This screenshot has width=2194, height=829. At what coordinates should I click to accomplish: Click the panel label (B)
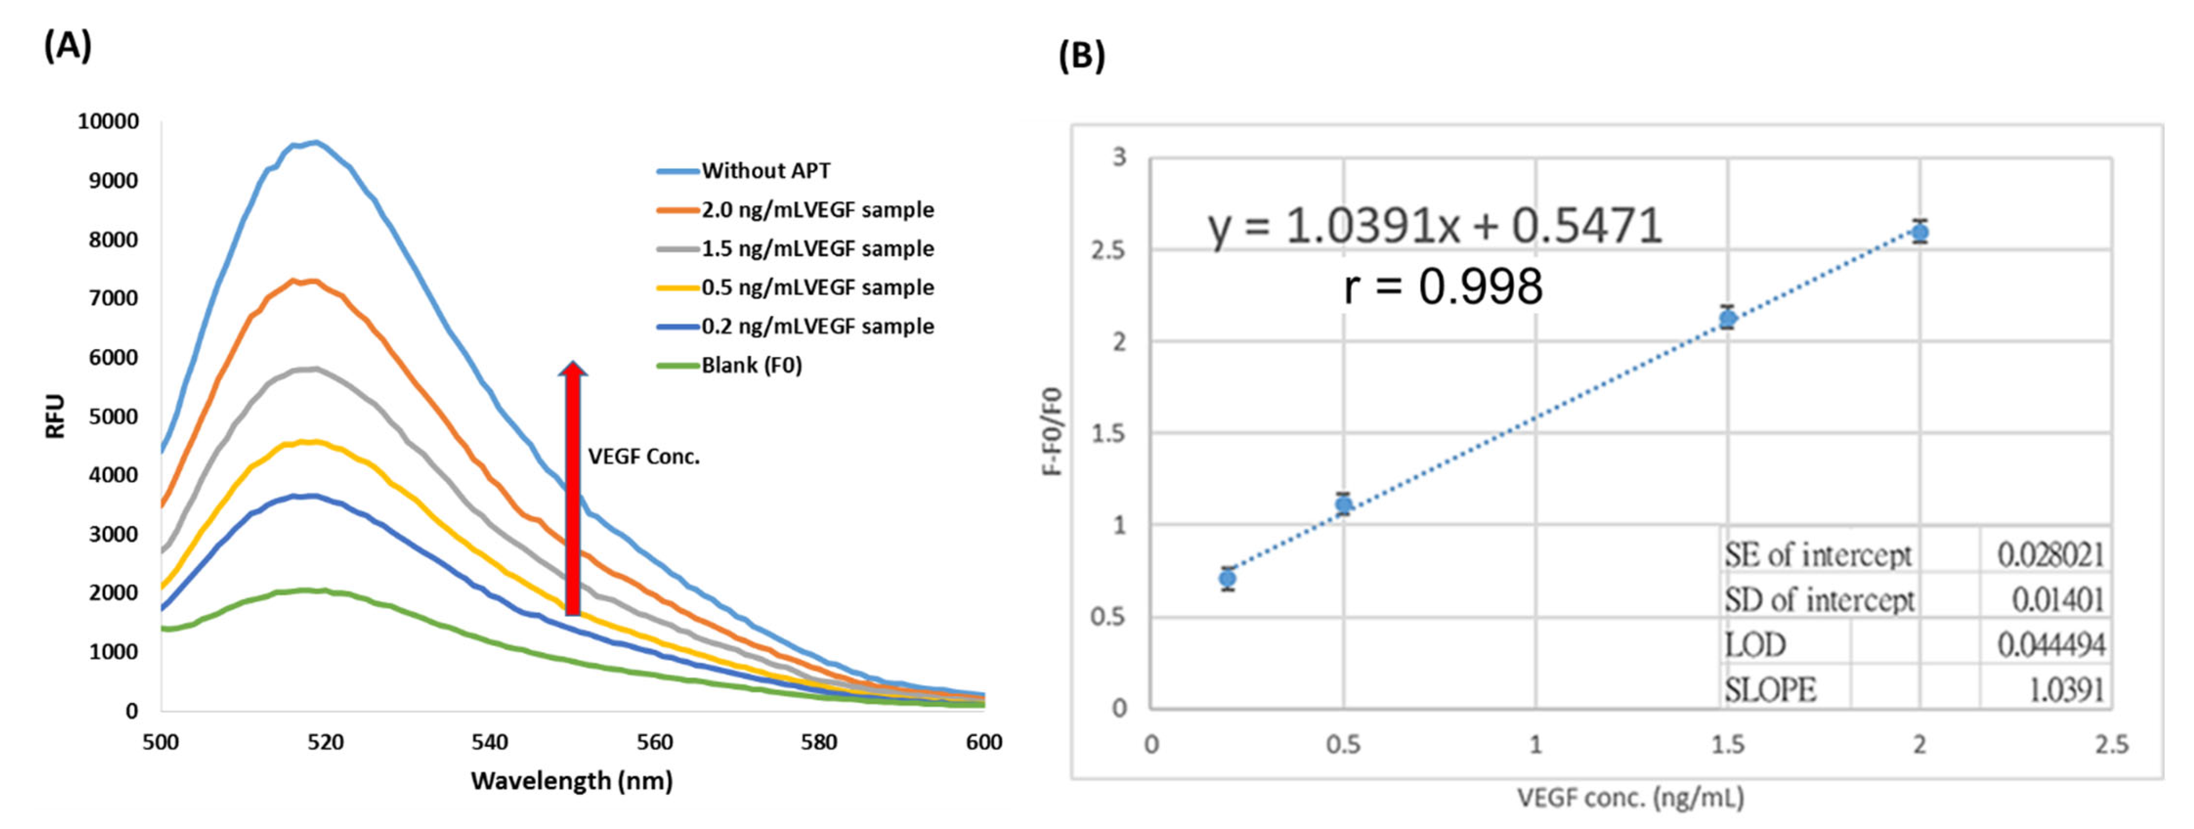(x=1081, y=56)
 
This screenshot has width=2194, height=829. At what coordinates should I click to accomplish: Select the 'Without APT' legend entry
(x=765, y=171)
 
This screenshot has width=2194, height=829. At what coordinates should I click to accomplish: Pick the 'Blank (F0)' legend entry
(x=751, y=365)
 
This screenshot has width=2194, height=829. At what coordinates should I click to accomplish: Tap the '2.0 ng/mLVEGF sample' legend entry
(x=817, y=210)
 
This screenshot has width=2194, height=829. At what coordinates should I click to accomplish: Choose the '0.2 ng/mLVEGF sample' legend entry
(x=817, y=326)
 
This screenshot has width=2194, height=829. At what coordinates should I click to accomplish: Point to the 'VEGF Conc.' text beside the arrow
(x=644, y=457)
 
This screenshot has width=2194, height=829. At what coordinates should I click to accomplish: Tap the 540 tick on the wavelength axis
(x=490, y=742)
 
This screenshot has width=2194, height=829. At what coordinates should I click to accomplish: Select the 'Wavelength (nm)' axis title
(x=572, y=780)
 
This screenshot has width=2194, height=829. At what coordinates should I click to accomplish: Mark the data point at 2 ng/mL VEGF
(x=1920, y=231)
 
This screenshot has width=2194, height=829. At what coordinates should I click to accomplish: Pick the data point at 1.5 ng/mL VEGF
(x=1727, y=319)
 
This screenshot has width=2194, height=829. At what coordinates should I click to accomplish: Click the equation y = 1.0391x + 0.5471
(x=1434, y=226)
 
